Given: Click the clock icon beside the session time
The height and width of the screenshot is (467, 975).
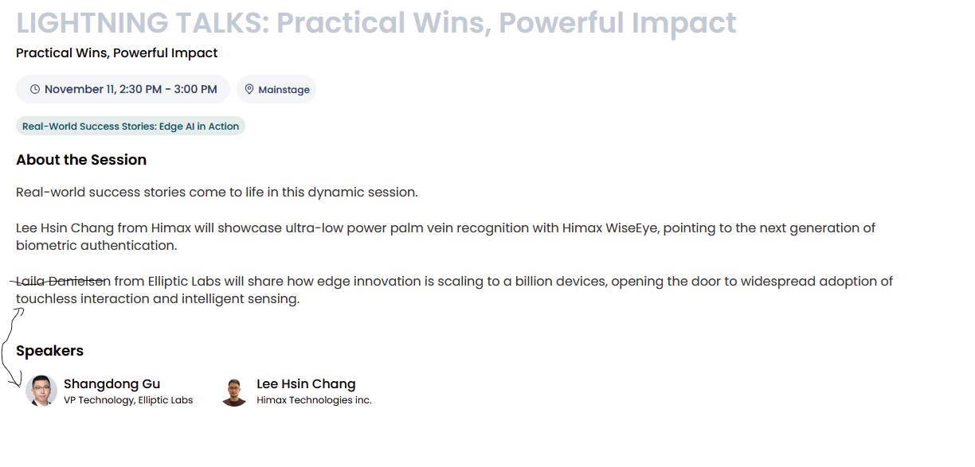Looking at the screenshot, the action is point(35,89).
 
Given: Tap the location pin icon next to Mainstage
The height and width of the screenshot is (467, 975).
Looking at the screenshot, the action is point(249,89).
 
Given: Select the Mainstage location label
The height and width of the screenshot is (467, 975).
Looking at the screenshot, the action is point(284,90).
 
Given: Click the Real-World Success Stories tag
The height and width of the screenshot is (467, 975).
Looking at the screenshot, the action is point(131,126).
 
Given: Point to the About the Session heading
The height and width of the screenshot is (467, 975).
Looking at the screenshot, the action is point(81,160).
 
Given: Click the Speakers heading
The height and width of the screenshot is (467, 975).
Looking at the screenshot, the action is point(49,351).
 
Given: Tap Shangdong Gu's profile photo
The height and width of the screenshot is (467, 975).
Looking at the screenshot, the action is point(41,391).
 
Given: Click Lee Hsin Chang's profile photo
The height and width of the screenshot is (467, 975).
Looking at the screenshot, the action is point(234,391).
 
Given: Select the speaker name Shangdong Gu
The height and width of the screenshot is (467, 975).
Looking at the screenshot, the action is point(112,384).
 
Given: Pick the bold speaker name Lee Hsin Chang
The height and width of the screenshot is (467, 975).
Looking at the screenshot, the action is point(306,384).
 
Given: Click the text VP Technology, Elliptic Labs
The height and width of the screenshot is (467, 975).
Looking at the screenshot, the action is point(128,400).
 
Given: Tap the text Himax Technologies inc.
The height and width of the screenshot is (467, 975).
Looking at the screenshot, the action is point(314,400).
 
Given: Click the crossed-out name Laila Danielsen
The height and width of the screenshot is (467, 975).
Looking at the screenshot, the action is point(64,282).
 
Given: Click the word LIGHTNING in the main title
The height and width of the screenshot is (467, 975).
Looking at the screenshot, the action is point(92,22).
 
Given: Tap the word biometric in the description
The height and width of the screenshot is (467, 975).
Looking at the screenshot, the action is point(46,246).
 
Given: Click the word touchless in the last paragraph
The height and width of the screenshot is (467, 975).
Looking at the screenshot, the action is point(46,298).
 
